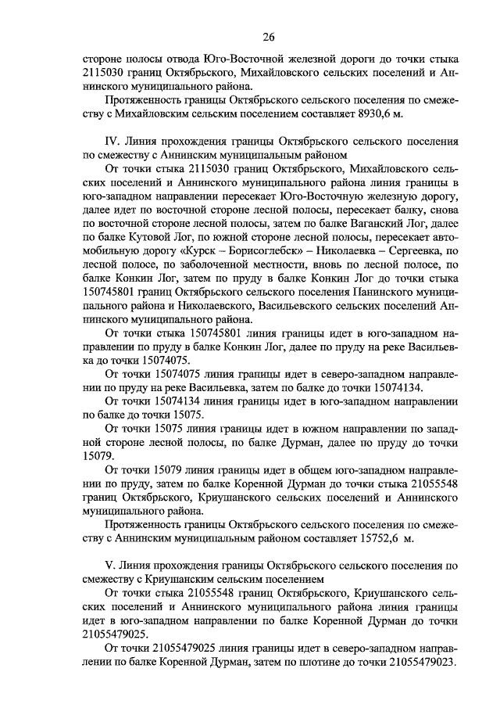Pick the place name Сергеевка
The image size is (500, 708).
(x=421, y=252)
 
